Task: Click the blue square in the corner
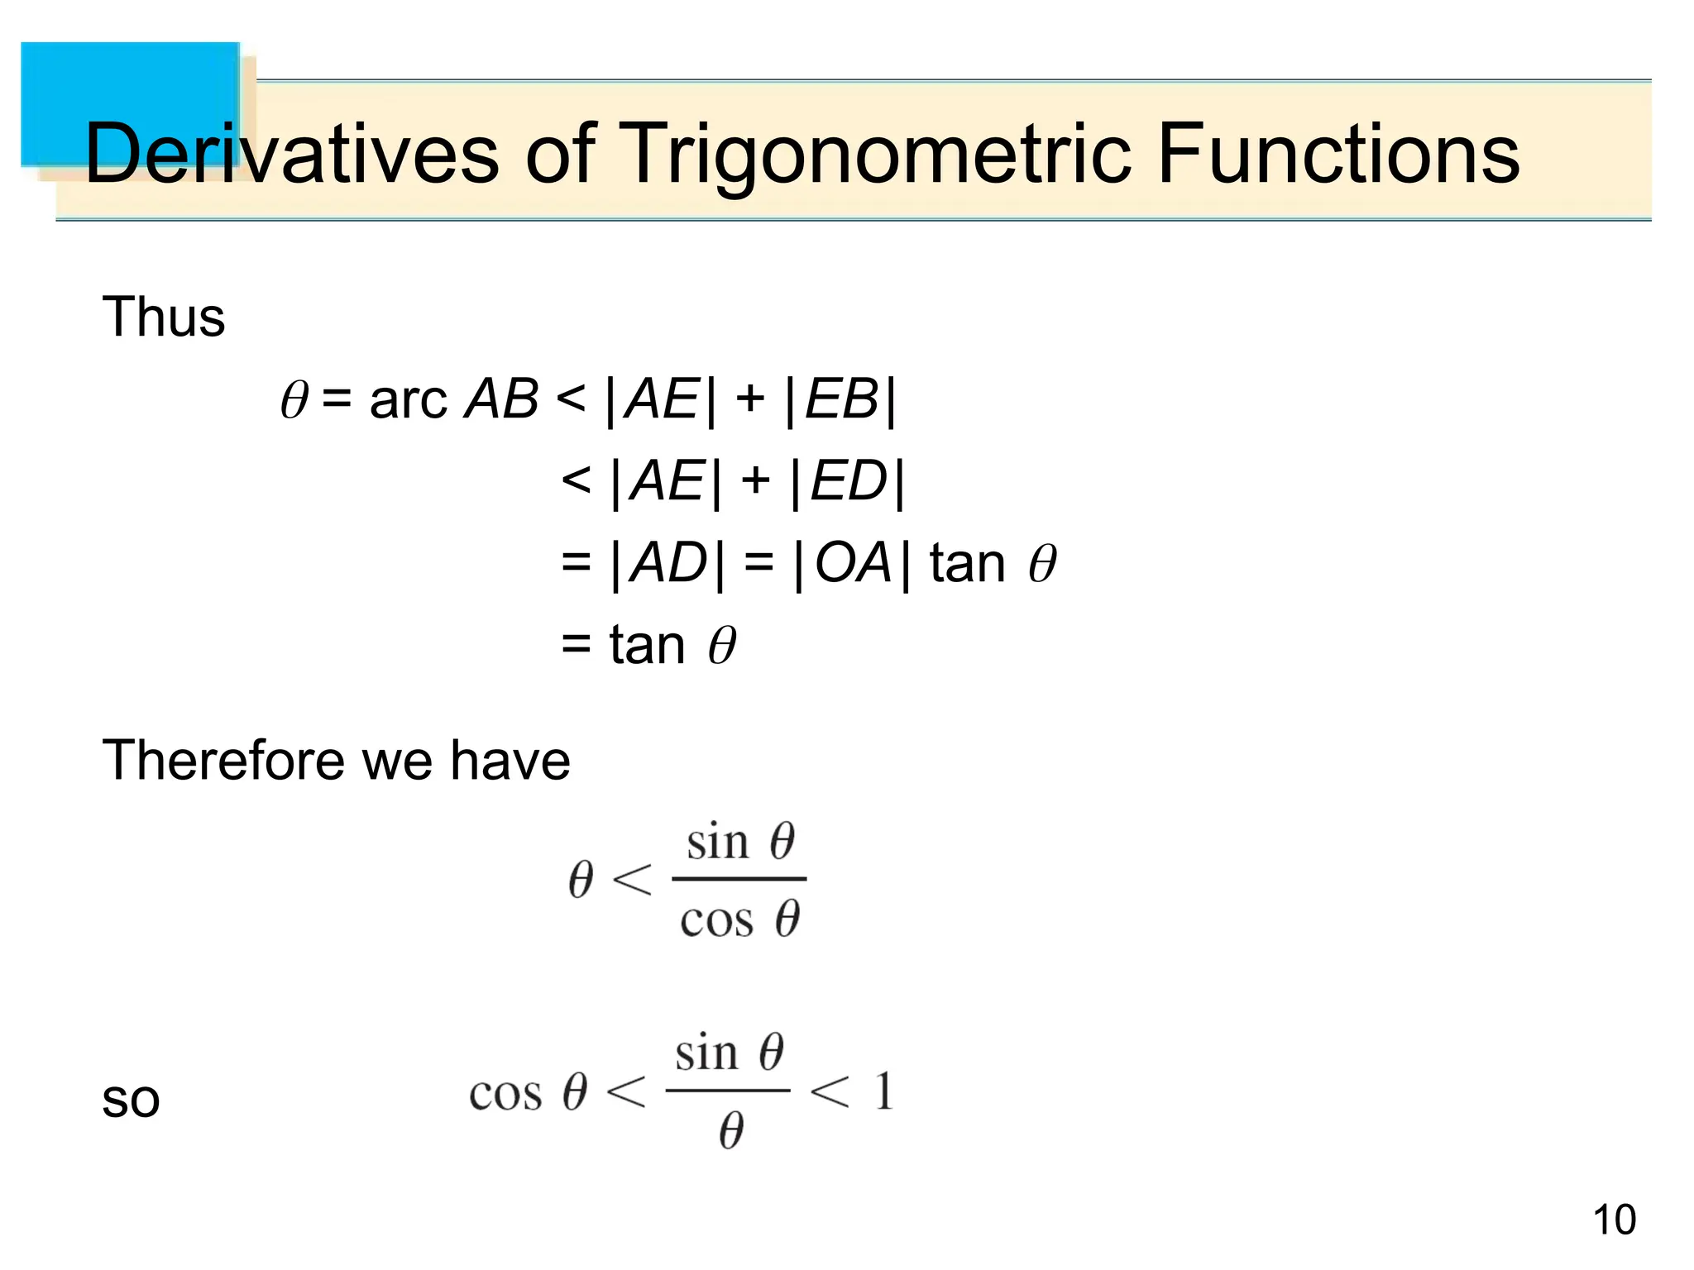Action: tap(130, 103)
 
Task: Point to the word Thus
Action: tap(163, 317)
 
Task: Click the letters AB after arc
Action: tap(501, 399)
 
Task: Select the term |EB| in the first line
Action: tap(840, 400)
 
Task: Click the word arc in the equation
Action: tap(408, 400)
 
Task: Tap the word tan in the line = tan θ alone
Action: tap(647, 645)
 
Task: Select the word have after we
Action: tap(510, 760)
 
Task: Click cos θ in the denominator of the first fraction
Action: tap(739, 919)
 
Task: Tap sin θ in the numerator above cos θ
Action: tap(739, 842)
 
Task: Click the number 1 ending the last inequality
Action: tap(883, 1091)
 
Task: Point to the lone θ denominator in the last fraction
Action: tap(730, 1131)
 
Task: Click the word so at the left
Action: tap(130, 1101)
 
